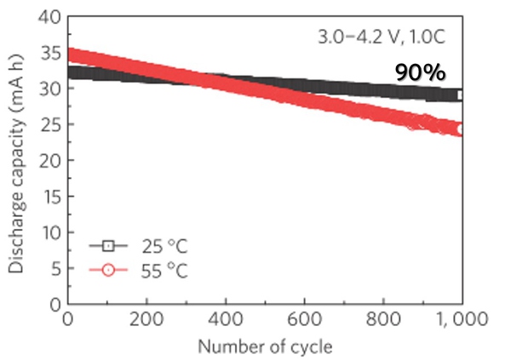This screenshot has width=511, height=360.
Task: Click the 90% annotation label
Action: click(x=421, y=73)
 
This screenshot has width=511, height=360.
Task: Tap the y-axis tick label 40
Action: click(x=48, y=17)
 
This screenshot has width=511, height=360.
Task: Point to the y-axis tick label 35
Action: click(x=48, y=53)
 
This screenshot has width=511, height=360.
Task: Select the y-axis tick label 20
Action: click(x=48, y=160)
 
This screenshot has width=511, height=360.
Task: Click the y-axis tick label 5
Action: click(x=53, y=267)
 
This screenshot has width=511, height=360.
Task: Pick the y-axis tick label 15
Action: click(x=48, y=196)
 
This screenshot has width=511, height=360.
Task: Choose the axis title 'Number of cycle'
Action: click(x=265, y=347)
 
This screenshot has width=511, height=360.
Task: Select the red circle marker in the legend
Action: click(x=107, y=270)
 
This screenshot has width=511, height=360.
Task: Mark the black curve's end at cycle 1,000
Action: click(x=461, y=95)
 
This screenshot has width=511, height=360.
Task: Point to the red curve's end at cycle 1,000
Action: click(x=461, y=129)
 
